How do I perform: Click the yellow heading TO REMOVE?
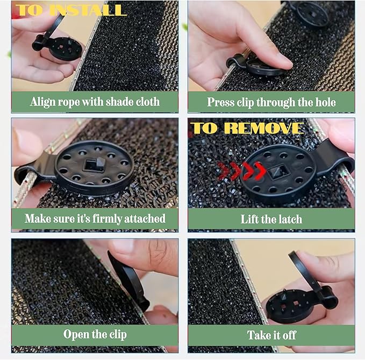pos(247,128)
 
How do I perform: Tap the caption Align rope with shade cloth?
pos(95,102)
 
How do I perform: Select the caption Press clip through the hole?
pos(271,102)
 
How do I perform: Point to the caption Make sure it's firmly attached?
pos(95,219)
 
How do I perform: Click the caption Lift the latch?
pos(271,219)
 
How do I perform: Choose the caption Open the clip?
pos(95,334)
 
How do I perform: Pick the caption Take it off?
pos(271,335)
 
